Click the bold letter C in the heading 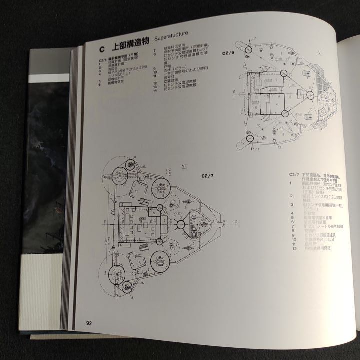(x=101, y=48)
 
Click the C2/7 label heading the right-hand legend (x=294, y=174)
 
